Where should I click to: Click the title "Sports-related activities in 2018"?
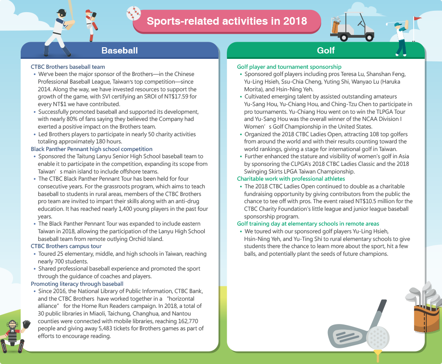click(227, 21)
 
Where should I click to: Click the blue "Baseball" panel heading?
click(119, 50)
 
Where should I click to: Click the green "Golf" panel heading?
click(326, 50)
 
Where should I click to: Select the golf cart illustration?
click(354, 27)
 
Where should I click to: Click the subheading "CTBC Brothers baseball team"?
click(68, 67)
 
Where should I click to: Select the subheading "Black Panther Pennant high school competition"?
click(92, 149)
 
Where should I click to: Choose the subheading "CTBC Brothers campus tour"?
click(66, 246)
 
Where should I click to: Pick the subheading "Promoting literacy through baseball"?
click(77, 284)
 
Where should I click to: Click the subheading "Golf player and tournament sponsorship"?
click(289, 67)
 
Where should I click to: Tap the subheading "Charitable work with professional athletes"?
click(291, 178)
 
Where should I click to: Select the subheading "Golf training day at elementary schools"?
click(308, 223)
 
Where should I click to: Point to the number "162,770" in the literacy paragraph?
click(185, 321)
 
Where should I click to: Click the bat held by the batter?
click(69, 9)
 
